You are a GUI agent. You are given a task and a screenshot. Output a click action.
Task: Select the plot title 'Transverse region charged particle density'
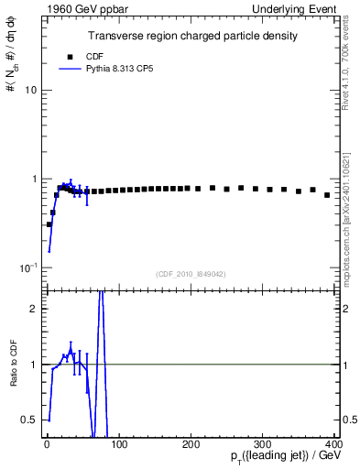pos(192,36)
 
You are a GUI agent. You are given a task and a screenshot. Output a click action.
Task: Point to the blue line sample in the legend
pos(71,69)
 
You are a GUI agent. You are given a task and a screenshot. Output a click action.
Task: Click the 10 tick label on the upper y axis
pos(30,91)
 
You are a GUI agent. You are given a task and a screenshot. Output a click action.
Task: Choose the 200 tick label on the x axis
pos(191,443)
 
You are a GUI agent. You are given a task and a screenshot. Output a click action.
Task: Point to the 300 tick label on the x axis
pos(263,443)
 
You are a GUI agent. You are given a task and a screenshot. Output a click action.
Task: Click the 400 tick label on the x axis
pos(333,443)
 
